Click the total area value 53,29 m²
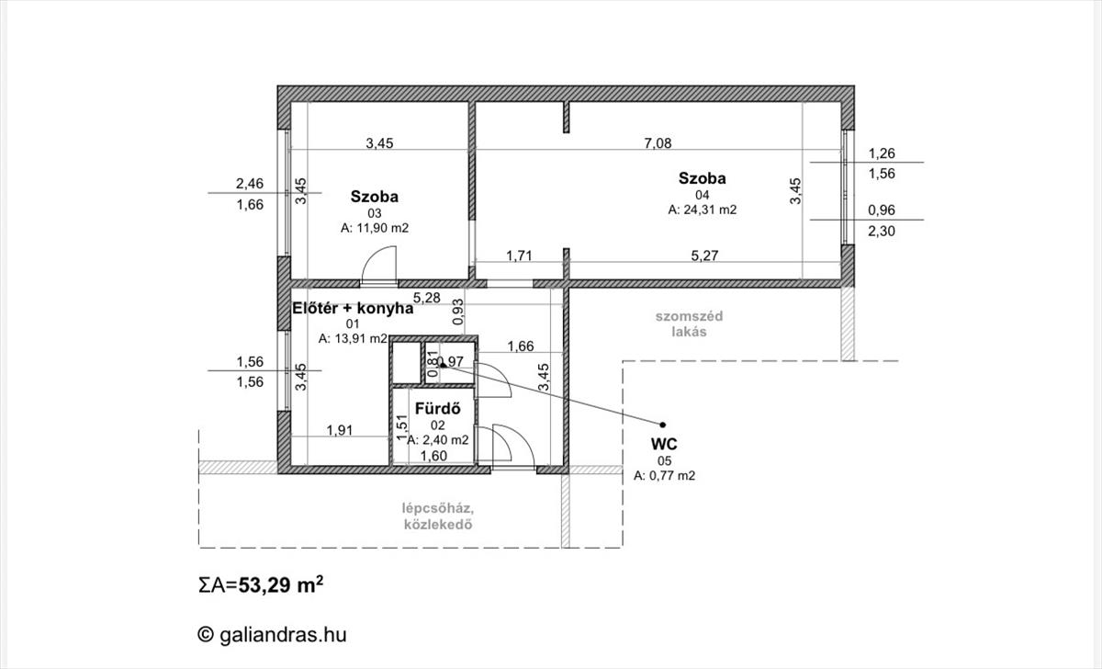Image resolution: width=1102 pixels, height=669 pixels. pyautogui.click(x=281, y=586)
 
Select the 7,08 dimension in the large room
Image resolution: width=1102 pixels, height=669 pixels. pyautogui.click(x=658, y=142)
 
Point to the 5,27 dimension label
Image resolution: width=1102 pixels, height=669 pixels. pyautogui.click(x=704, y=255)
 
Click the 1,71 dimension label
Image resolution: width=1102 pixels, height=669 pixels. pyautogui.click(x=522, y=255)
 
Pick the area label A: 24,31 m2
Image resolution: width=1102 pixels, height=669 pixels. pyautogui.click(x=703, y=210)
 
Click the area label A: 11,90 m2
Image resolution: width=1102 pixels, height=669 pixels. pyautogui.click(x=374, y=228)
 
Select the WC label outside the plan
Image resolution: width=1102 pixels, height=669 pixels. pyautogui.click(x=663, y=443)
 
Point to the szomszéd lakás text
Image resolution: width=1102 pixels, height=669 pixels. pyautogui.click(x=689, y=324)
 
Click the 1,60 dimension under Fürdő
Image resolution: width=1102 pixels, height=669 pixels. pyautogui.click(x=434, y=456)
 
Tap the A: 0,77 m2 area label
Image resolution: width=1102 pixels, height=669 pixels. pyautogui.click(x=664, y=476)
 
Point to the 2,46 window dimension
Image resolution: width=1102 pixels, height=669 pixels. pyautogui.click(x=250, y=183)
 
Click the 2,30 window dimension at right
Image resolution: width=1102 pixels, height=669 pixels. pyautogui.click(x=882, y=232)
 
